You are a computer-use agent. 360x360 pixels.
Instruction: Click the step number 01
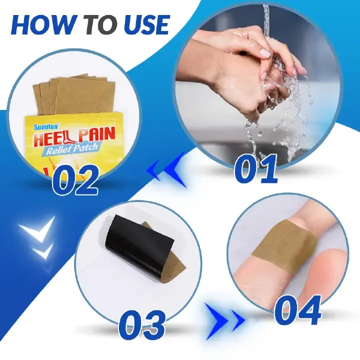(x=255, y=168)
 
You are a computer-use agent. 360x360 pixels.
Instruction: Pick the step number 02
(x=75, y=181)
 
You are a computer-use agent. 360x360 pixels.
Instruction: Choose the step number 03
(x=142, y=324)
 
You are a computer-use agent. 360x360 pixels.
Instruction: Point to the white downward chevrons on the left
(x=38, y=240)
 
